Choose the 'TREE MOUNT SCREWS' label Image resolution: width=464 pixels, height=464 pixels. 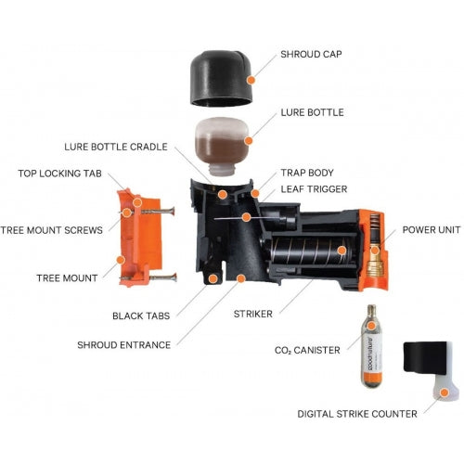tap(51, 230)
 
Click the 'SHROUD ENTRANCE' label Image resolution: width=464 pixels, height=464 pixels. tap(124, 345)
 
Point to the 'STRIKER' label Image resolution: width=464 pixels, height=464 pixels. tap(256, 315)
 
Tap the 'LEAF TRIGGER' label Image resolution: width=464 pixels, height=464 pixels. tap(315, 188)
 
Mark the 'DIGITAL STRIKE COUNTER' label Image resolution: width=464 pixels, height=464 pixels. tap(369, 414)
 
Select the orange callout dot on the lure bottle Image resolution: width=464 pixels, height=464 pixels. tap(249, 139)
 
